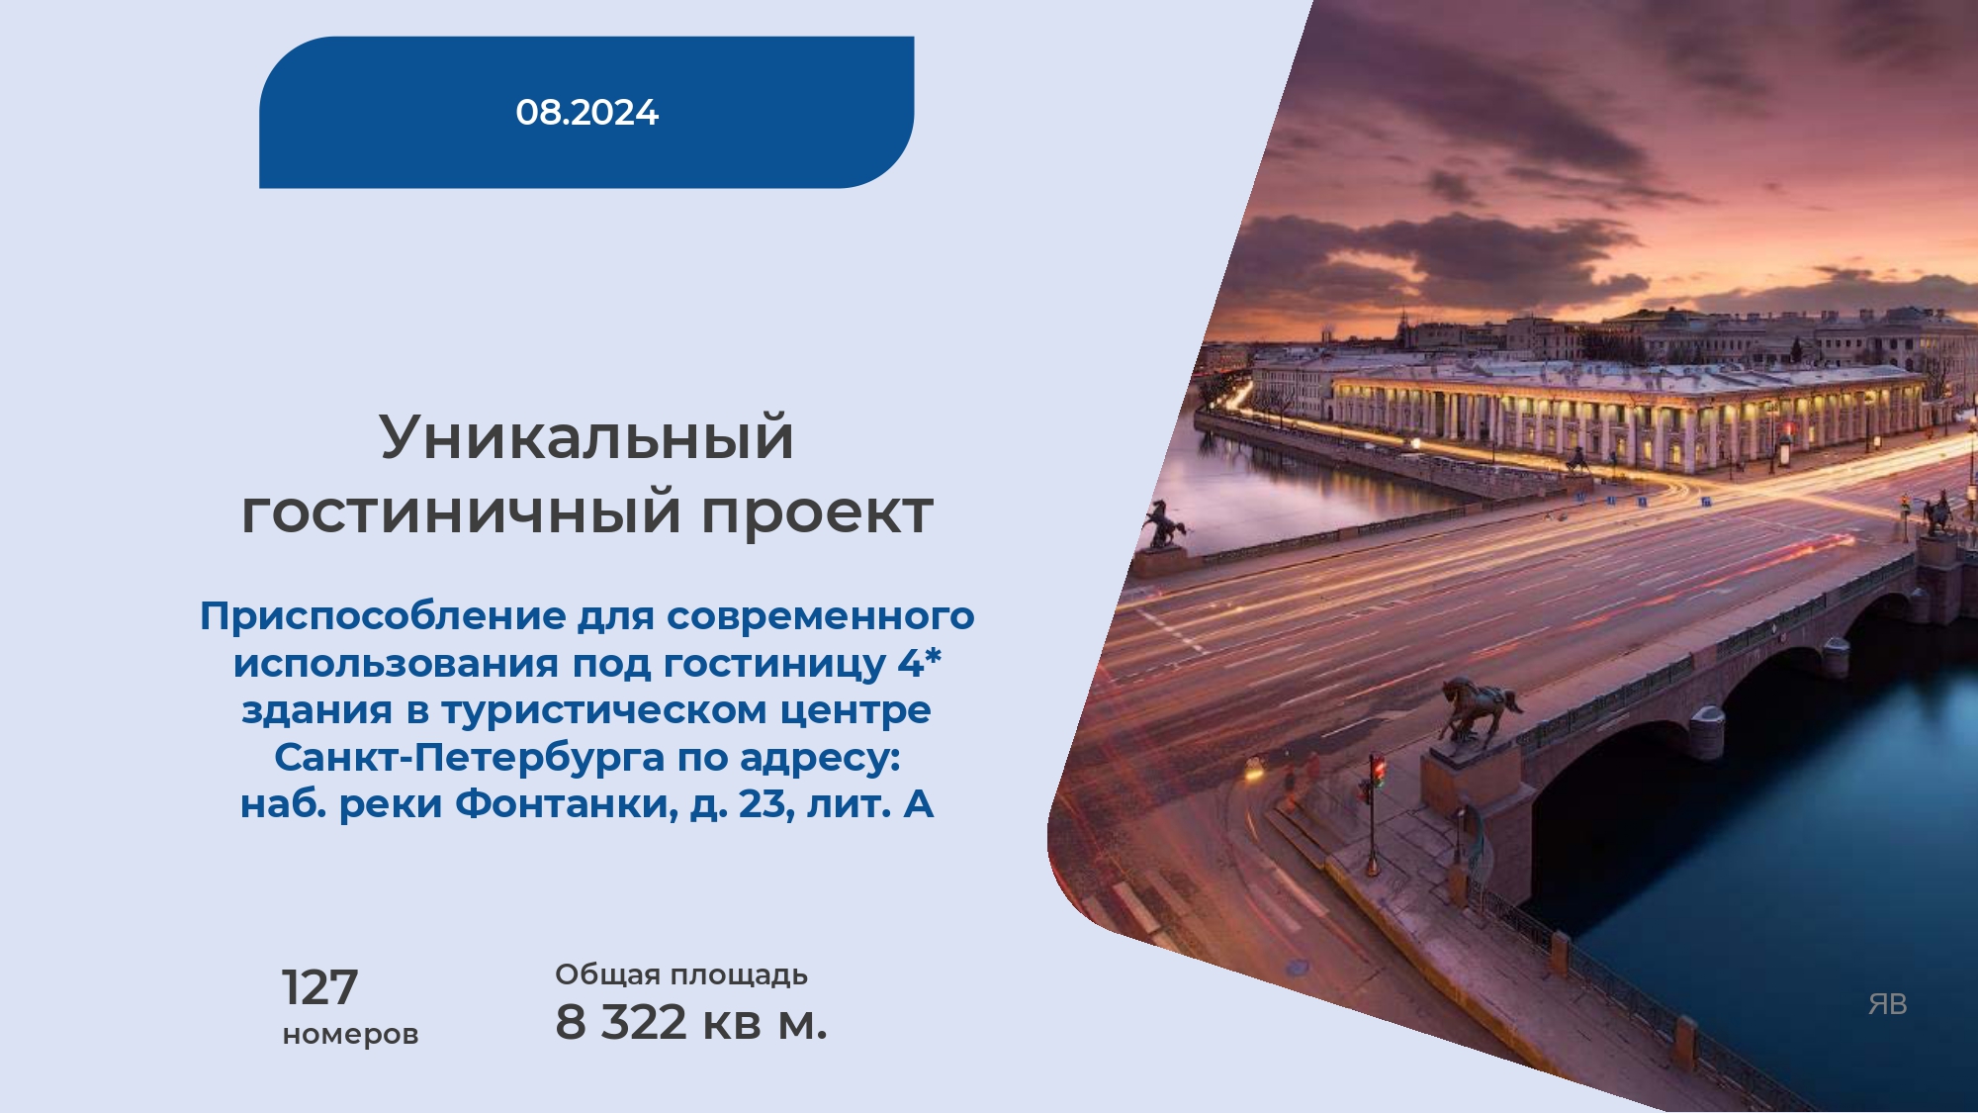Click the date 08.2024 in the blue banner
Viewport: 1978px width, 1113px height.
(x=586, y=112)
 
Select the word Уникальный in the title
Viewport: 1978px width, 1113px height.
(x=586, y=436)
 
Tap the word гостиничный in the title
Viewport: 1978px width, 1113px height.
(x=461, y=512)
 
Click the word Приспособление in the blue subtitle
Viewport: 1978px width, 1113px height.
(x=383, y=616)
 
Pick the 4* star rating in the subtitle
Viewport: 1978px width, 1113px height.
(x=920, y=661)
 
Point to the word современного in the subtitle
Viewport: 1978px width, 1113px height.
(x=821, y=616)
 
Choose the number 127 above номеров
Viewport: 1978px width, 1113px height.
(x=319, y=987)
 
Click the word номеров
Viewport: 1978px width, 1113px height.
(x=350, y=1035)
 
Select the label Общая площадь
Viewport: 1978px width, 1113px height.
(x=681, y=974)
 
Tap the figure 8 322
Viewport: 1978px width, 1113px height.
(x=621, y=1022)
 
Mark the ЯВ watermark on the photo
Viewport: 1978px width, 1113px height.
(x=1887, y=1004)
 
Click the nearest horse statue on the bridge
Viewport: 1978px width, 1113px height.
(x=1479, y=710)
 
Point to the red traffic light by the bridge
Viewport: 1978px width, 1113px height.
(x=1377, y=770)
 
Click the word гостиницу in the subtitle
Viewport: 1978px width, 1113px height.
(x=774, y=664)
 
